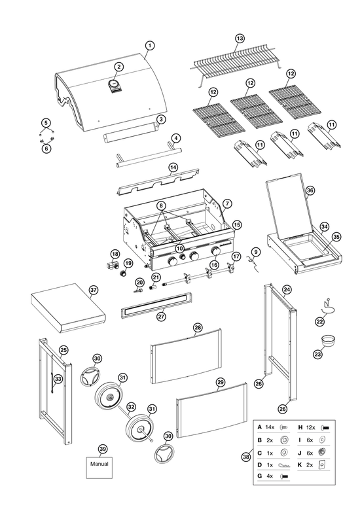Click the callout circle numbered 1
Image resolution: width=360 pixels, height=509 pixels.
coord(149,45)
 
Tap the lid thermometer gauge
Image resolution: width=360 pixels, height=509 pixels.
coord(114,84)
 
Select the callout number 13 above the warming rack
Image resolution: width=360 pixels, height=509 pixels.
coord(240,39)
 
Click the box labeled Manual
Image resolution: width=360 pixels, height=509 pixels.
coord(99,467)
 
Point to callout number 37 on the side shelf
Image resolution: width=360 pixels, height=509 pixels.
coord(93,290)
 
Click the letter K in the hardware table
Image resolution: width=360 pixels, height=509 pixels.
coord(300,465)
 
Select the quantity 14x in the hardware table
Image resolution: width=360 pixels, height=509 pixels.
coord(270,427)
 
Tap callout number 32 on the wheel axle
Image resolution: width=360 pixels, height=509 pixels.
coord(131,406)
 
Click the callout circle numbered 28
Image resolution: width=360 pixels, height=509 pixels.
coord(198,328)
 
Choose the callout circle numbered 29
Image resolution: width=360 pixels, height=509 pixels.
coord(221,382)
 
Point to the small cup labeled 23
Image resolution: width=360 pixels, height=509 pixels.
coord(328,341)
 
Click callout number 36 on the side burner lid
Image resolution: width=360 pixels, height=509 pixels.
coord(310,190)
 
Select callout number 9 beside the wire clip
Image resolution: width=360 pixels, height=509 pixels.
coord(256,252)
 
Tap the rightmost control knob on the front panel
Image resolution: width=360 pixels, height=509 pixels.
coord(215,251)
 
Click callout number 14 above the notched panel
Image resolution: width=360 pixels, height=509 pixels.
coord(173,167)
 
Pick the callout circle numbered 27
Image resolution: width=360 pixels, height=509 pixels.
coord(162,317)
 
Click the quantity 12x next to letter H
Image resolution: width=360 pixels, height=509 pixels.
coord(311,427)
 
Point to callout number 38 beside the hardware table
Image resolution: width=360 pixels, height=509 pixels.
coord(246,457)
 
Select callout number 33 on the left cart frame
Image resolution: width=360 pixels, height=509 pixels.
coord(58,378)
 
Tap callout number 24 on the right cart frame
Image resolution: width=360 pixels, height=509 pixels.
coord(287,289)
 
